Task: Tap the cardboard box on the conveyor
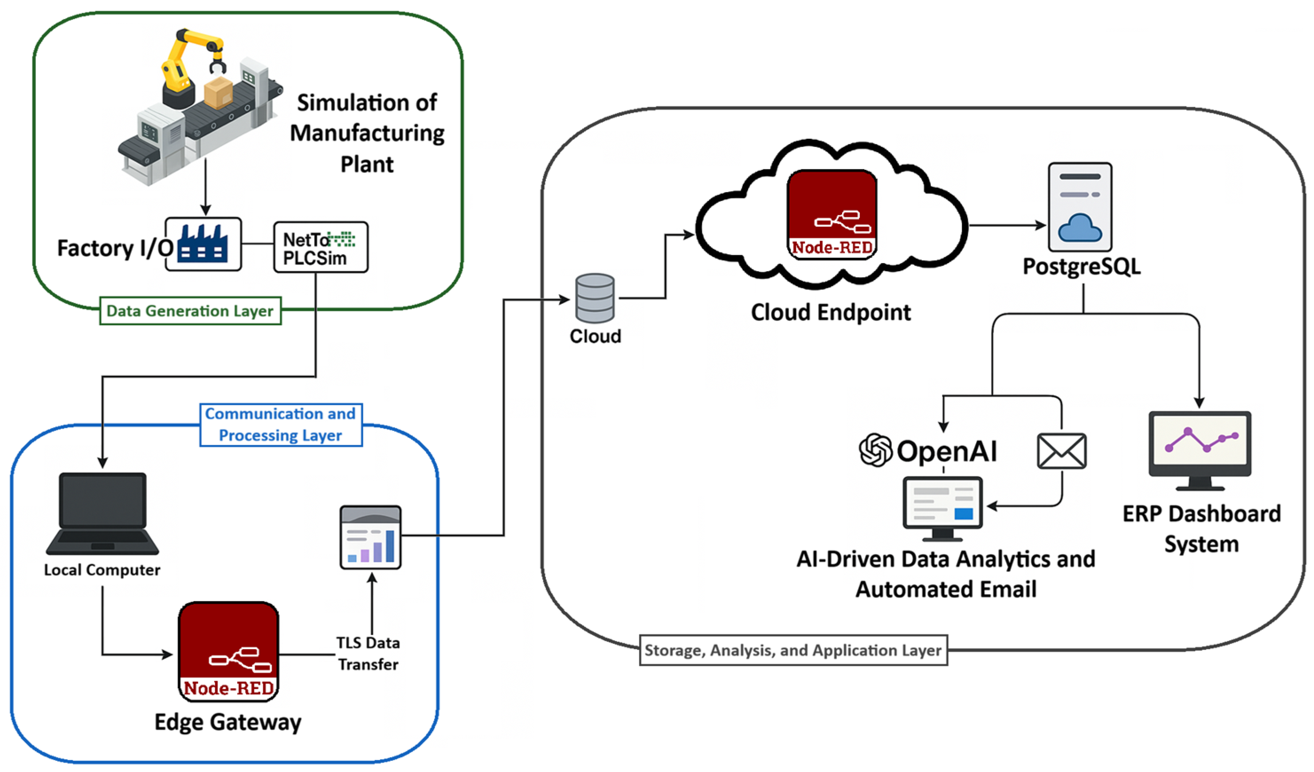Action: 218,92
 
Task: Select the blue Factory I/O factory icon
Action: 202,244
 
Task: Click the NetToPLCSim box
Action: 321,247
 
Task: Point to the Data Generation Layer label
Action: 190,311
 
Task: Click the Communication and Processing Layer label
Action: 281,425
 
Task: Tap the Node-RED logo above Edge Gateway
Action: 228,651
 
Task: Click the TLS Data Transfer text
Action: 368,654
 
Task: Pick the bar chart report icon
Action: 370,537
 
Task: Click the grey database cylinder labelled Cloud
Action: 595,298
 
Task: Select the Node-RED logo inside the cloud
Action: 832,214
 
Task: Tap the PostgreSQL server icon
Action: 1080,207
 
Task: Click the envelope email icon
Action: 1062,451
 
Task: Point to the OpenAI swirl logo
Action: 875,449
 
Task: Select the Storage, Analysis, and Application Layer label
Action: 793,650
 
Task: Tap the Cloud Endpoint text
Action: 831,312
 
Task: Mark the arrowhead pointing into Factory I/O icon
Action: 205,210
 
